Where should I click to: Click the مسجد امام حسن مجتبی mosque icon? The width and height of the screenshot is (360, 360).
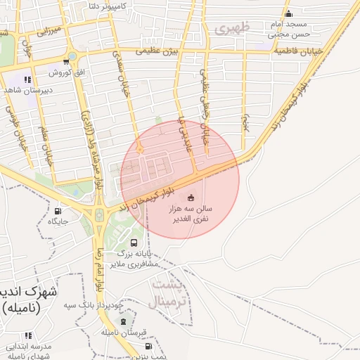(288, 14)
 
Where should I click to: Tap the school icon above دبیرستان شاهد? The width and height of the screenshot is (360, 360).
(27, 79)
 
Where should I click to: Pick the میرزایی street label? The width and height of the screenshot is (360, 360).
(50, 31)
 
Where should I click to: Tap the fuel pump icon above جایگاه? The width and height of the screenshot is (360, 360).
(58, 210)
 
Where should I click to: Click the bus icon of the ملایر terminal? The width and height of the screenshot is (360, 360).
(134, 243)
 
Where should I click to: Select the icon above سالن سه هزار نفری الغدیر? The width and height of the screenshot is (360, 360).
(191, 198)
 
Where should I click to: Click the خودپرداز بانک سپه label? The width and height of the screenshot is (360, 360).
(103, 306)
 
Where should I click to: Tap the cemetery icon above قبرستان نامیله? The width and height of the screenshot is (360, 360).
(124, 321)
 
